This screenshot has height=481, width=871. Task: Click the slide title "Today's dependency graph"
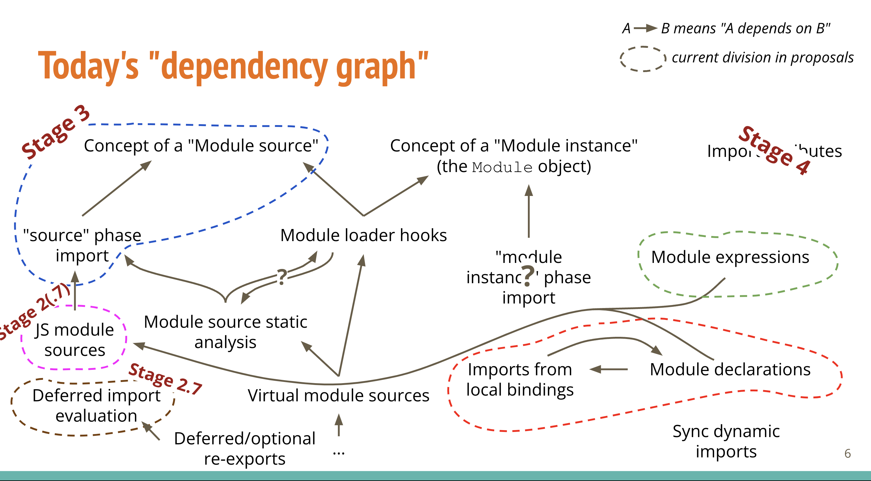click(233, 66)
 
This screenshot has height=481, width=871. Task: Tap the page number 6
click(847, 453)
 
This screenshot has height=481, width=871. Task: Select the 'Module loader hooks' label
click(363, 235)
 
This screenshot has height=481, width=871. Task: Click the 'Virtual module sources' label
click(339, 395)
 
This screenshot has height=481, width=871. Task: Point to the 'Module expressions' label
click(730, 257)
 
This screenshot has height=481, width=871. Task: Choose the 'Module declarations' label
click(730, 369)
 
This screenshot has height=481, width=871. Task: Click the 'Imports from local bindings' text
click(520, 380)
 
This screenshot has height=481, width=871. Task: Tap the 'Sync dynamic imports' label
click(726, 441)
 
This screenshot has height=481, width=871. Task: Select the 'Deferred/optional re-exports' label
click(245, 449)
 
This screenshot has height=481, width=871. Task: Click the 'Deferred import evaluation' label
click(96, 406)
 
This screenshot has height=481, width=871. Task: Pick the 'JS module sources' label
click(75, 340)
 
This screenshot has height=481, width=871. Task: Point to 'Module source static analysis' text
click(226, 332)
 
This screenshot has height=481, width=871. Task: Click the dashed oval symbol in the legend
click(643, 59)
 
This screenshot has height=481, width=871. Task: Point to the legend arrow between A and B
click(645, 28)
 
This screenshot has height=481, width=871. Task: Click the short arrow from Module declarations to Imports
click(608, 369)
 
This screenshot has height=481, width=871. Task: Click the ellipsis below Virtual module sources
click(339, 453)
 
